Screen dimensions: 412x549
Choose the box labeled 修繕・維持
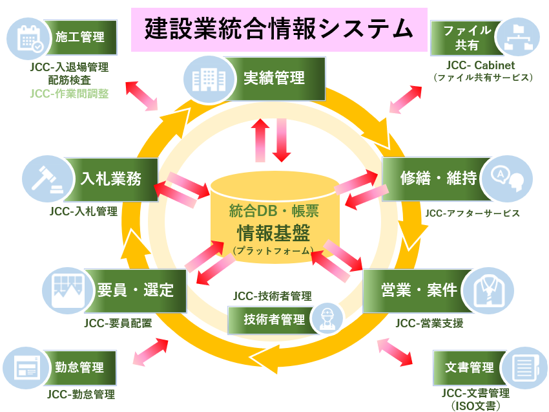(x=429, y=179)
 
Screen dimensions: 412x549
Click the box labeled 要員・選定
(x=136, y=290)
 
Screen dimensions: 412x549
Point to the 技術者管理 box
(x=274, y=320)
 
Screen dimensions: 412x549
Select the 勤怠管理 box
(x=79, y=368)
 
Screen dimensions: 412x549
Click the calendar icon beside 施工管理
(x=30, y=38)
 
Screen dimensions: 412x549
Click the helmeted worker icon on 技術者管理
(x=326, y=320)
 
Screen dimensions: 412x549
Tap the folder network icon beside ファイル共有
(x=519, y=38)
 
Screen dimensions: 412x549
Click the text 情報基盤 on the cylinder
(x=274, y=231)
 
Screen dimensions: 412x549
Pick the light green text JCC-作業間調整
(x=69, y=94)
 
